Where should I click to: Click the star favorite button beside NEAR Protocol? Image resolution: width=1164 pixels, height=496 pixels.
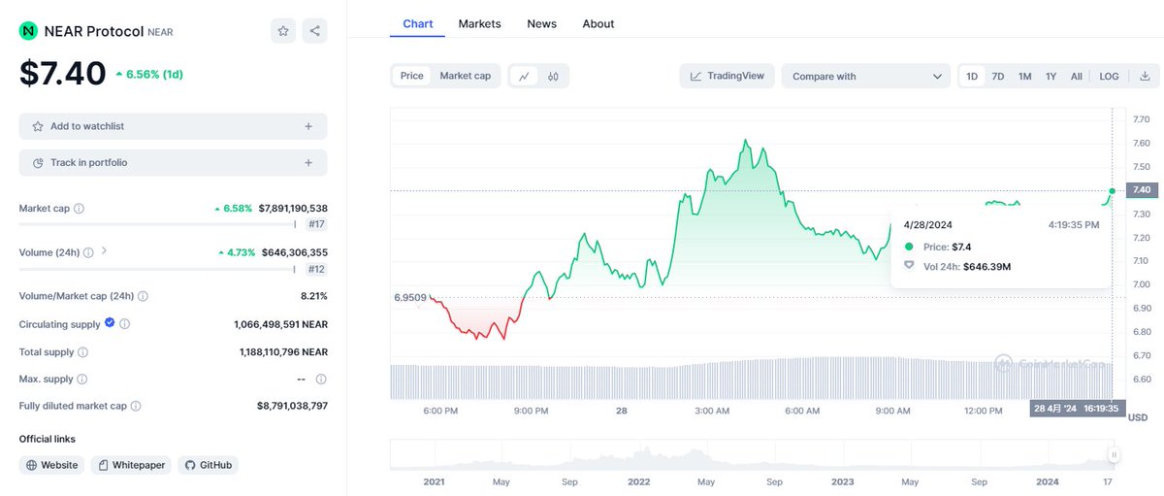(283, 31)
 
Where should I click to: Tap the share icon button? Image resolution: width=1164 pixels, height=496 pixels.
(314, 31)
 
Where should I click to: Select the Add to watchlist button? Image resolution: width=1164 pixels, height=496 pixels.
(173, 126)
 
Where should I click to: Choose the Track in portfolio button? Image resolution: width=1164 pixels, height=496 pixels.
(173, 163)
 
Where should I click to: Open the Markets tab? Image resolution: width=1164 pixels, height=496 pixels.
(479, 23)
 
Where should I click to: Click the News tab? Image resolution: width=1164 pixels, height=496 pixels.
(541, 23)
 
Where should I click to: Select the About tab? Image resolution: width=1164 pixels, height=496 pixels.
(598, 23)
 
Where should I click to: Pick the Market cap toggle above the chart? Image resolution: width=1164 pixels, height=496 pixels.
(465, 76)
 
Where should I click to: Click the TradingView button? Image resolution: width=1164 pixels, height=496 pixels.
(727, 76)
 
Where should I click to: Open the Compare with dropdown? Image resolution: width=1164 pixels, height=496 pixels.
(865, 76)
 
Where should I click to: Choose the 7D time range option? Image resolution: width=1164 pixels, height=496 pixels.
(997, 76)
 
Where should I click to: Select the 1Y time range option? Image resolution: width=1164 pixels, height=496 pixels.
(1051, 76)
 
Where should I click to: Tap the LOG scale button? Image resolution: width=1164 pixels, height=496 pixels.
(1109, 76)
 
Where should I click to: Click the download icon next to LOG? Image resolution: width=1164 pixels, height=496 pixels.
(1145, 76)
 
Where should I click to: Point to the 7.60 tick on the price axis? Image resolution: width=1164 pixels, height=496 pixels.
(1141, 143)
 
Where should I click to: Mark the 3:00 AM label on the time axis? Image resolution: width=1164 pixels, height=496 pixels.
(712, 411)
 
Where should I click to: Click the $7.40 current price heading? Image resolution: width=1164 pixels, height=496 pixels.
(63, 73)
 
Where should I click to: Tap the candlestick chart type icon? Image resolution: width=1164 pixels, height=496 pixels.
(553, 76)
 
